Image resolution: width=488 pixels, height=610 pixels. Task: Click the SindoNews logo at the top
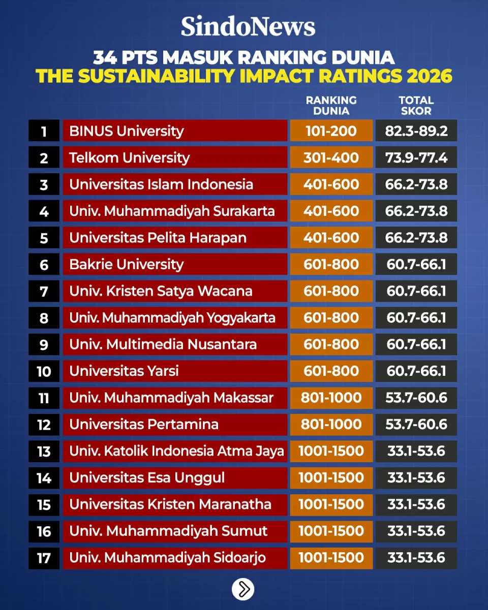[248, 26]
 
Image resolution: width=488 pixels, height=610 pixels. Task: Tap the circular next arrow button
[243, 589]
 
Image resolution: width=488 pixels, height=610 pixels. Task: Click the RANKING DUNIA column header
[331, 106]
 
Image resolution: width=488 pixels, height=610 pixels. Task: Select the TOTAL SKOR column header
[416, 106]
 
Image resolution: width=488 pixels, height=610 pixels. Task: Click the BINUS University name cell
[175, 131]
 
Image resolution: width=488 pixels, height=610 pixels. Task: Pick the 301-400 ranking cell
[331, 157]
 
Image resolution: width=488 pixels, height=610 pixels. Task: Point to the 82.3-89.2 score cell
[416, 131]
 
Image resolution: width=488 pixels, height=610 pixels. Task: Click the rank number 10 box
[44, 371]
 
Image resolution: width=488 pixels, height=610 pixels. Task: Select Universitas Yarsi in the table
[175, 371]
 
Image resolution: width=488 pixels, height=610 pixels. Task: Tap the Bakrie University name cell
[175, 264]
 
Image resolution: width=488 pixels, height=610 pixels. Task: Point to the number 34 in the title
[105, 57]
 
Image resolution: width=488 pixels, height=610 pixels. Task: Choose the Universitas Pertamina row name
[175, 424]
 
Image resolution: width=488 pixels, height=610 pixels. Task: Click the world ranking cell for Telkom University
[331, 157]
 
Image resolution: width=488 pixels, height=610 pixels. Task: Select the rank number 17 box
[44, 558]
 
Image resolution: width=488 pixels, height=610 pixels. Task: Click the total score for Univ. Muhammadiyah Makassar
[416, 398]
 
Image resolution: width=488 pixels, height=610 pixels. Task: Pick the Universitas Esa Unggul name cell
[175, 477]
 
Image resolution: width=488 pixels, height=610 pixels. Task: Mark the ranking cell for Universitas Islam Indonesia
[331, 184]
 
